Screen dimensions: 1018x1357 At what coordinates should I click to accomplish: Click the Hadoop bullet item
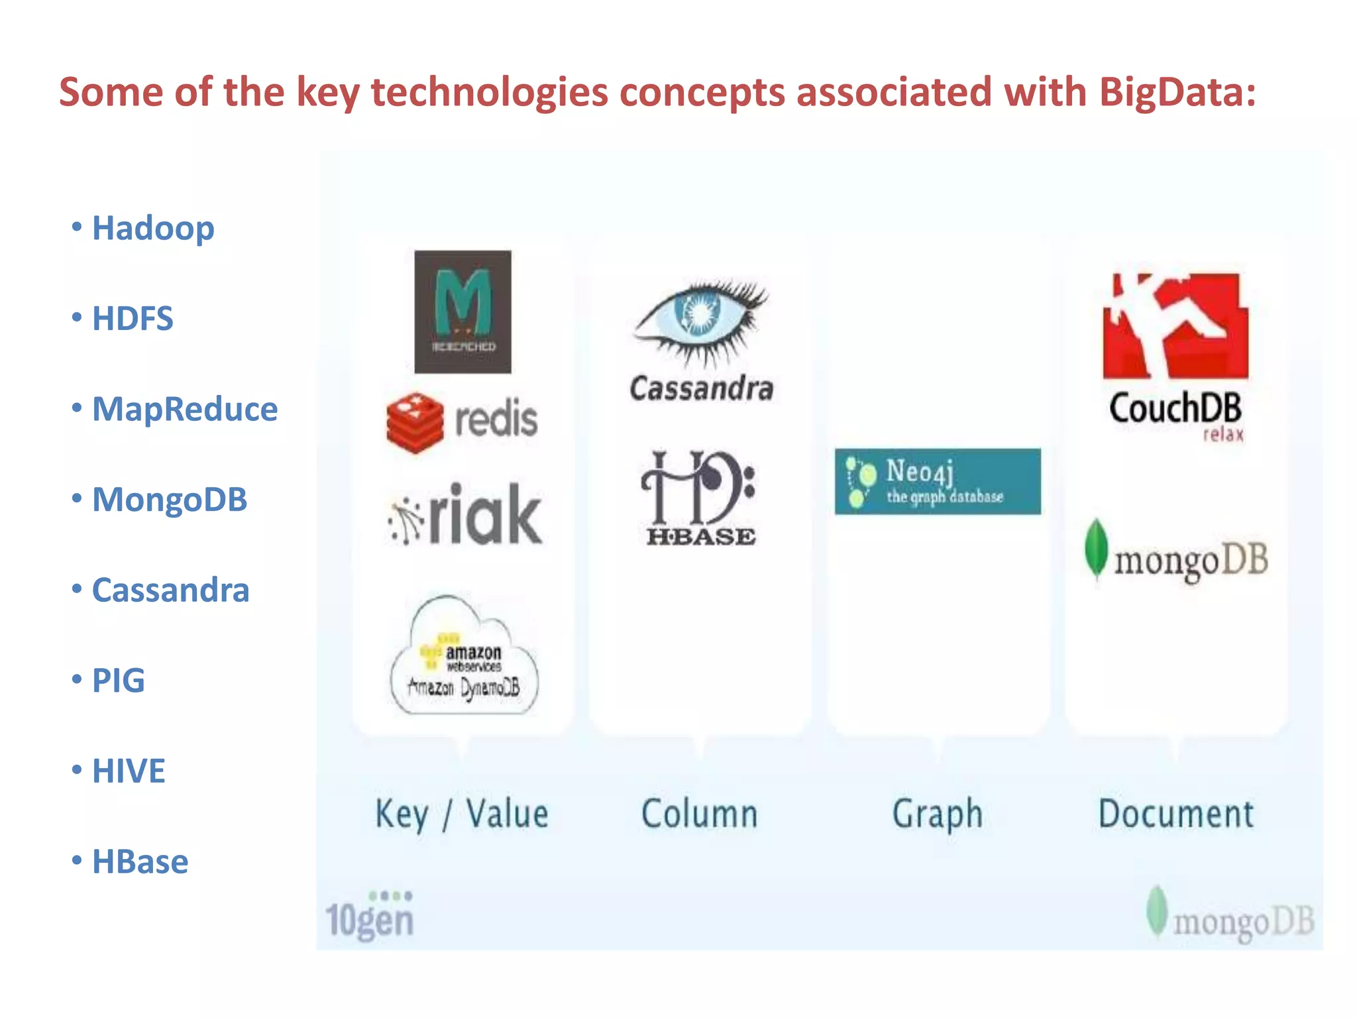[152, 229]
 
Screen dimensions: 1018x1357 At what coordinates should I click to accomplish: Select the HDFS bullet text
[132, 319]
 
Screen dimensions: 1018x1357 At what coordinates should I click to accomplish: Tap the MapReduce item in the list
[184, 409]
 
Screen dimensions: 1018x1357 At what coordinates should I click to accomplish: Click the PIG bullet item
[118, 681]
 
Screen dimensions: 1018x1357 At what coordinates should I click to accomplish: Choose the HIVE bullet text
[128, 771]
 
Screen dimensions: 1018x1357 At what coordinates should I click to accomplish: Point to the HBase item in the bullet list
[139, 862]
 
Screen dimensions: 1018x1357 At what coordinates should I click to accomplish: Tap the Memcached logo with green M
[462, 311]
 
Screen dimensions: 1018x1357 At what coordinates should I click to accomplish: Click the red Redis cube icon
[415, 422]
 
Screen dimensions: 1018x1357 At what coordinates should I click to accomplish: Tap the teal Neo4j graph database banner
[937, 482]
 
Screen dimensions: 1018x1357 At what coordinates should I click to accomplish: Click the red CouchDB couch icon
[1175, 326]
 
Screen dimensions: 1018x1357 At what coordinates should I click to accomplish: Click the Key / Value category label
[462, 814]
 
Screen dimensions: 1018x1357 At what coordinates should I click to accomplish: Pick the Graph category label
[937, 814]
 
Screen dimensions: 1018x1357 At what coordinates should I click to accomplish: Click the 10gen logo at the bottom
[370, 916]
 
